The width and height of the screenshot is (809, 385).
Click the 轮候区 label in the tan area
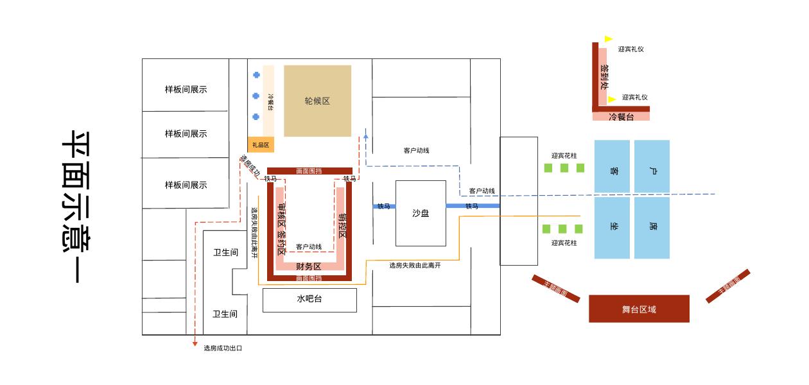click(x=317, y=101)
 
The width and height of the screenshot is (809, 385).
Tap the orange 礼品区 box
click(x=261, y=145)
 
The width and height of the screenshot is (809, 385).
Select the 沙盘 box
click(x=421, y=213)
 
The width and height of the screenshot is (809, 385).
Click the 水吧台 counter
click(x=309, y=300)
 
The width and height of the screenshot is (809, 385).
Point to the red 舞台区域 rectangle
click(x=639, y=309)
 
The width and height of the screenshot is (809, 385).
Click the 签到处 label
click(x=604, y=76)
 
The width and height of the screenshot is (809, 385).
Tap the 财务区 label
click(x=309, y=266)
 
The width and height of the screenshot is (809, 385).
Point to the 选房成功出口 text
click(x=223, y=348)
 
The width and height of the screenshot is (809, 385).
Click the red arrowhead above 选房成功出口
click(x=195, y=344)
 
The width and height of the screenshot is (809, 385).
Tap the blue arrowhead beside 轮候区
click(x=366, y=135)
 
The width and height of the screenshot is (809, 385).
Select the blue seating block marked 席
click(x=652, y=228)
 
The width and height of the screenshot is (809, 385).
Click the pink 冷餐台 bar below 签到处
click(x=621, y=117)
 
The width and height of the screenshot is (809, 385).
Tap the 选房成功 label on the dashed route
click(x=249, y=166)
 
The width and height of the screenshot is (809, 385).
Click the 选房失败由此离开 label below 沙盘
click(x=415, y=265)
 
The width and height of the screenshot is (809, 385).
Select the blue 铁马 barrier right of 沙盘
click(x=473, y=206)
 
